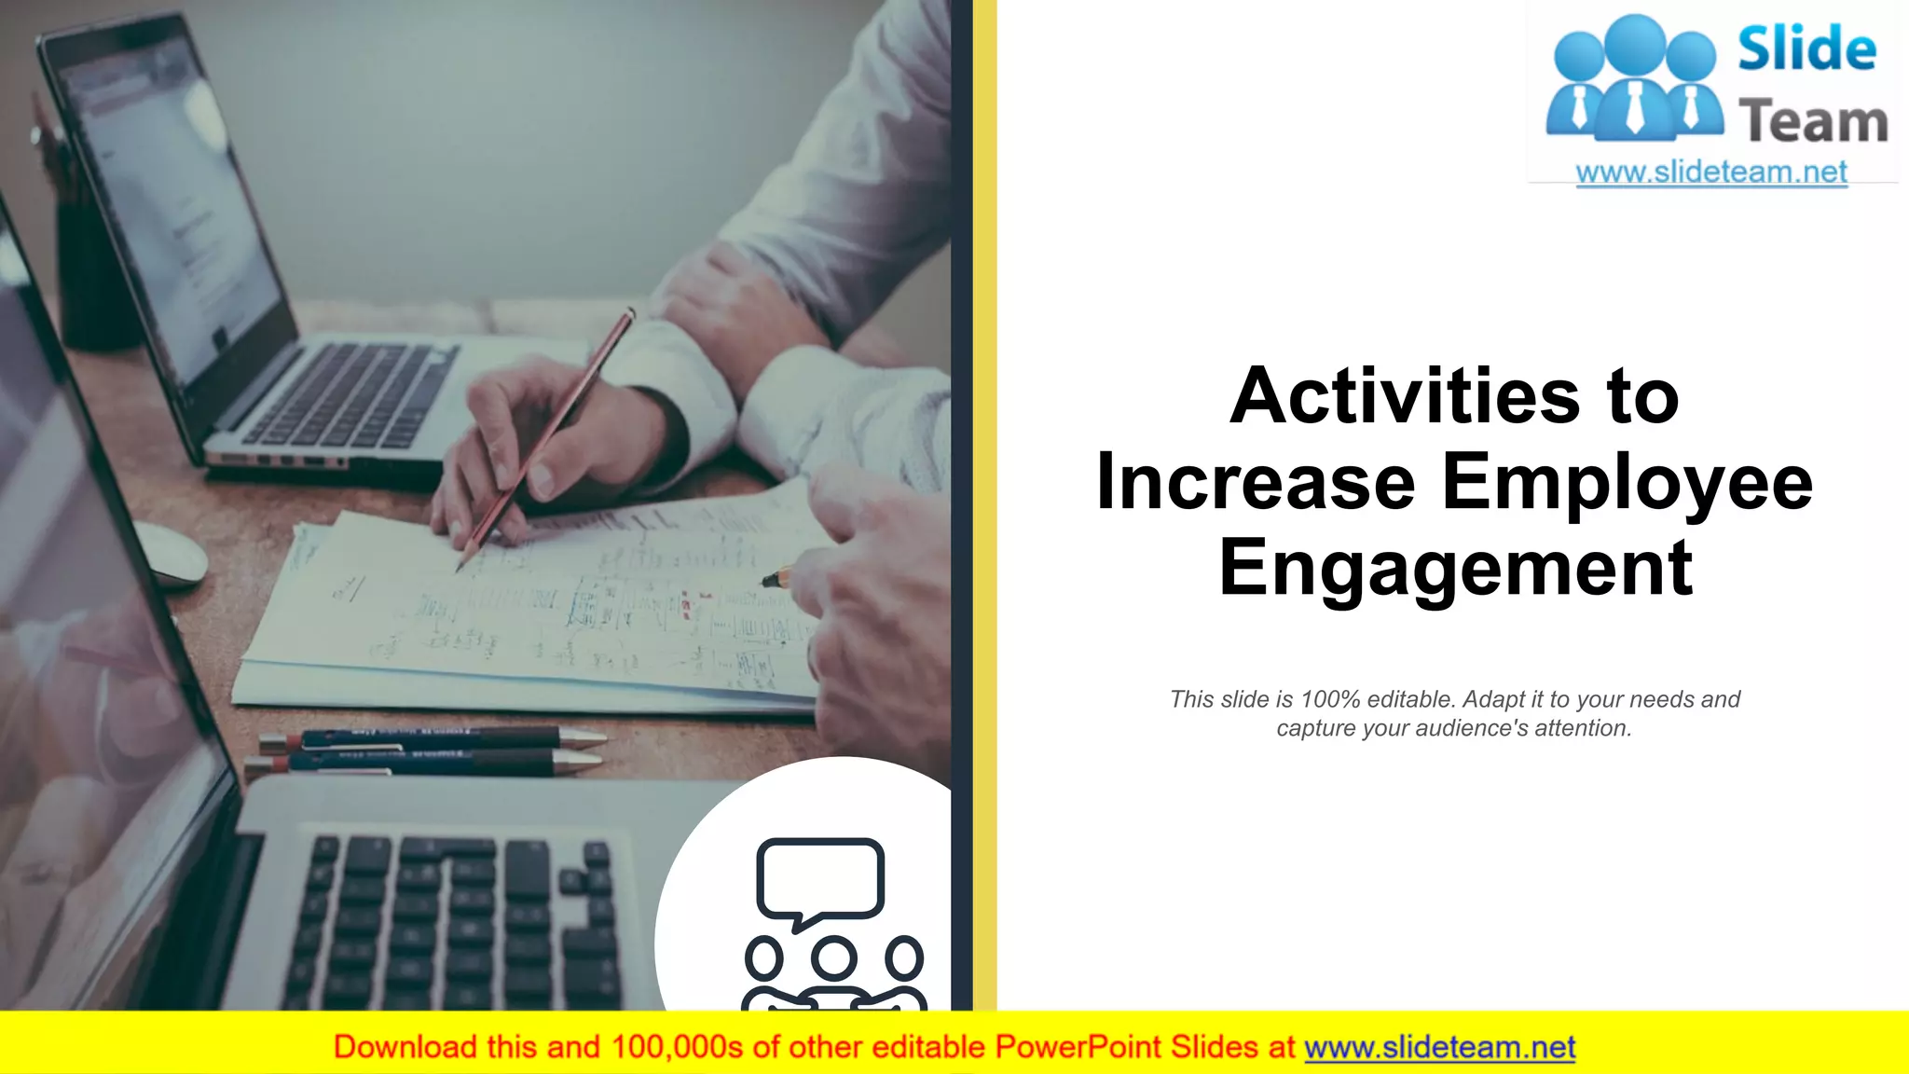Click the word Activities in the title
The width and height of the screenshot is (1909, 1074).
[x=1406, y=396]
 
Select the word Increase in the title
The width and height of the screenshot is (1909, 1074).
[x=1256, y=482]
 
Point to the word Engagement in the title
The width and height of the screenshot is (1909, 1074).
[x=1455, y=569]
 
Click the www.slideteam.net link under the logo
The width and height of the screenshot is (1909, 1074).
[x=1711, y=172]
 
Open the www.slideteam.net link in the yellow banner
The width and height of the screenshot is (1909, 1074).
[x=1439, y=1048]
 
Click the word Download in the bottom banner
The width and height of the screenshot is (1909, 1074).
[x=405, y=1048]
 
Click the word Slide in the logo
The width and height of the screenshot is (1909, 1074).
[x=1806, y=50]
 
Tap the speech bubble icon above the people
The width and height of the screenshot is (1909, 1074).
[x=819, y=880]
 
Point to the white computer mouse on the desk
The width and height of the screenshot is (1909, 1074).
[x=173, y=555]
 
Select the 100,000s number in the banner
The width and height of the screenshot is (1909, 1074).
[x=677, y=1048]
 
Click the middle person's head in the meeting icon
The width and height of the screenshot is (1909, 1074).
[x=833, y=957]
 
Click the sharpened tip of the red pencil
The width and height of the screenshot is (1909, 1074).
[x=460, y=566]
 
